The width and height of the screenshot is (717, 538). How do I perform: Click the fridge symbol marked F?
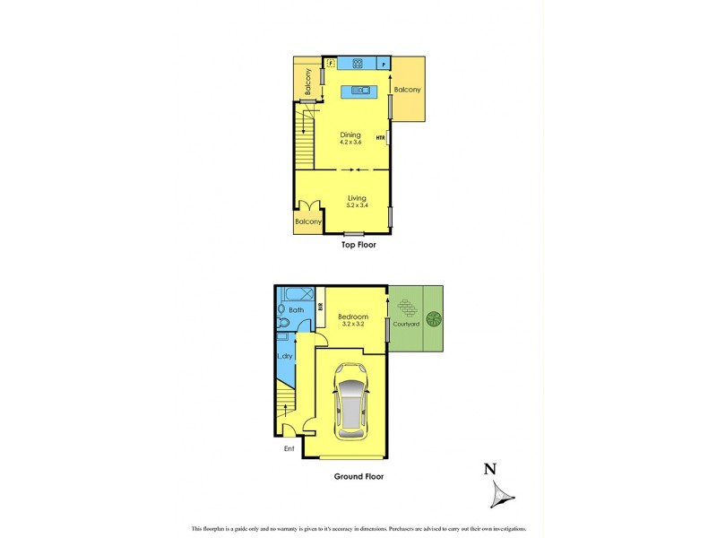pos(331,64)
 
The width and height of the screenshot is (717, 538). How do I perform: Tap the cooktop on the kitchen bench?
pos(357,64)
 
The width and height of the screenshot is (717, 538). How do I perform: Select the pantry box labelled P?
pos(384,65)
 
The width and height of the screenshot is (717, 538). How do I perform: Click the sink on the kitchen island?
pos(359,90)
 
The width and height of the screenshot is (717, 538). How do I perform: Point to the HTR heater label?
pos(380,138)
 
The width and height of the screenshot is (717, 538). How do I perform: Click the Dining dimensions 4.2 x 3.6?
pos(350,143)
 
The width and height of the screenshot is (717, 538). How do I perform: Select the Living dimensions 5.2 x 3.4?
pos(358,205)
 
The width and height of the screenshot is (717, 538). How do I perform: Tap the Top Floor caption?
pos(358,244)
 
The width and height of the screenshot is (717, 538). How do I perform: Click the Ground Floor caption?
pos(358,476)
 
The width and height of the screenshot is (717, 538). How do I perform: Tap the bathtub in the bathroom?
pos(295,294)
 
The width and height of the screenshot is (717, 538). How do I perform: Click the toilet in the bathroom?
pos(282,323)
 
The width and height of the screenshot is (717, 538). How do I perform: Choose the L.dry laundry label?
pos(286,356)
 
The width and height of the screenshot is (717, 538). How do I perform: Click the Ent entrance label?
pos(289,448)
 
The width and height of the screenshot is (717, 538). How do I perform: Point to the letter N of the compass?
pos(489,468)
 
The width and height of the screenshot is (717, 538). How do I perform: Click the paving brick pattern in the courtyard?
pos(408,308)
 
